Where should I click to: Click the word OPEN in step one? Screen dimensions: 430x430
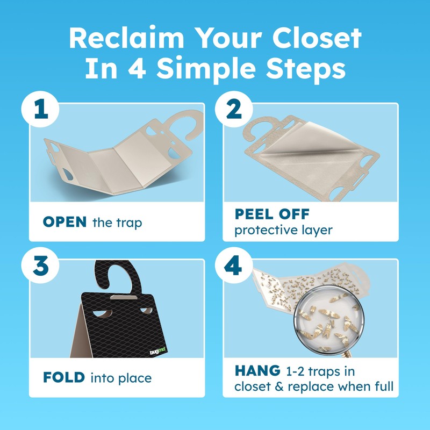point(64,222)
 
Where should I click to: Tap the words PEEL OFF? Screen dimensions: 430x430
point(271,214)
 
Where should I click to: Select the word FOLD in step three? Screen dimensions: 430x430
point(64,378)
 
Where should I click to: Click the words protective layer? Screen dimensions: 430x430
point(283,231)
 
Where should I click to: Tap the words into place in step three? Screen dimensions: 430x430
point(120,378)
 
